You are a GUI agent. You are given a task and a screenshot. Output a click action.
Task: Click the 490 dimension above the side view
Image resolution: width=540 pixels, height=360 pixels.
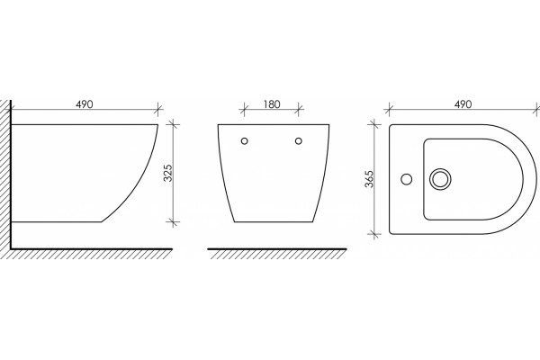pos(85,104)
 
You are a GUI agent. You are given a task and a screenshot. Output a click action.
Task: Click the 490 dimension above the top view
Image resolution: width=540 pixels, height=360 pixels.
pos(463,104)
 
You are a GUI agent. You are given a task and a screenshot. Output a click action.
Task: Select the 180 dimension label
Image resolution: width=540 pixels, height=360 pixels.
pos(272,104)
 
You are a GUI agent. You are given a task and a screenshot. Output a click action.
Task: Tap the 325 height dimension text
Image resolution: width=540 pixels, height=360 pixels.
pos(168,173)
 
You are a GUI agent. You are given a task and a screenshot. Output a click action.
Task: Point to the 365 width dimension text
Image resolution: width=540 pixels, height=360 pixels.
pos(370,179)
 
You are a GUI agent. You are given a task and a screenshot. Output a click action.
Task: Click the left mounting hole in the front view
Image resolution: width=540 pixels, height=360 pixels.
pos(245,141)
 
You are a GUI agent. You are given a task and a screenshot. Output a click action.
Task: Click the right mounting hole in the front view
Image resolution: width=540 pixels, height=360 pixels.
pos(299,141)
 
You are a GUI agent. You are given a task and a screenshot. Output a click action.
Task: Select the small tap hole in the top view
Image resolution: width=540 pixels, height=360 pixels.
pos(407,179)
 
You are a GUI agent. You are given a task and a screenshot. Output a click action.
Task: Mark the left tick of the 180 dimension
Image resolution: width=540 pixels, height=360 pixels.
pos(244,110)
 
